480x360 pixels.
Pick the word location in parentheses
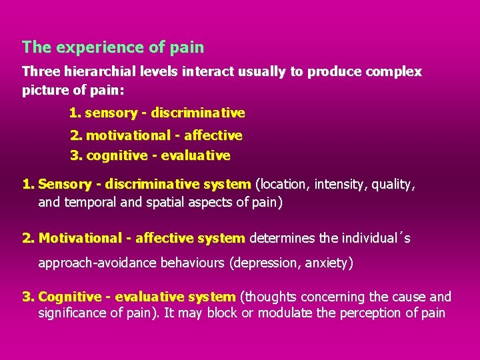click(283, 185)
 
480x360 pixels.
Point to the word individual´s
click(376, 238)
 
